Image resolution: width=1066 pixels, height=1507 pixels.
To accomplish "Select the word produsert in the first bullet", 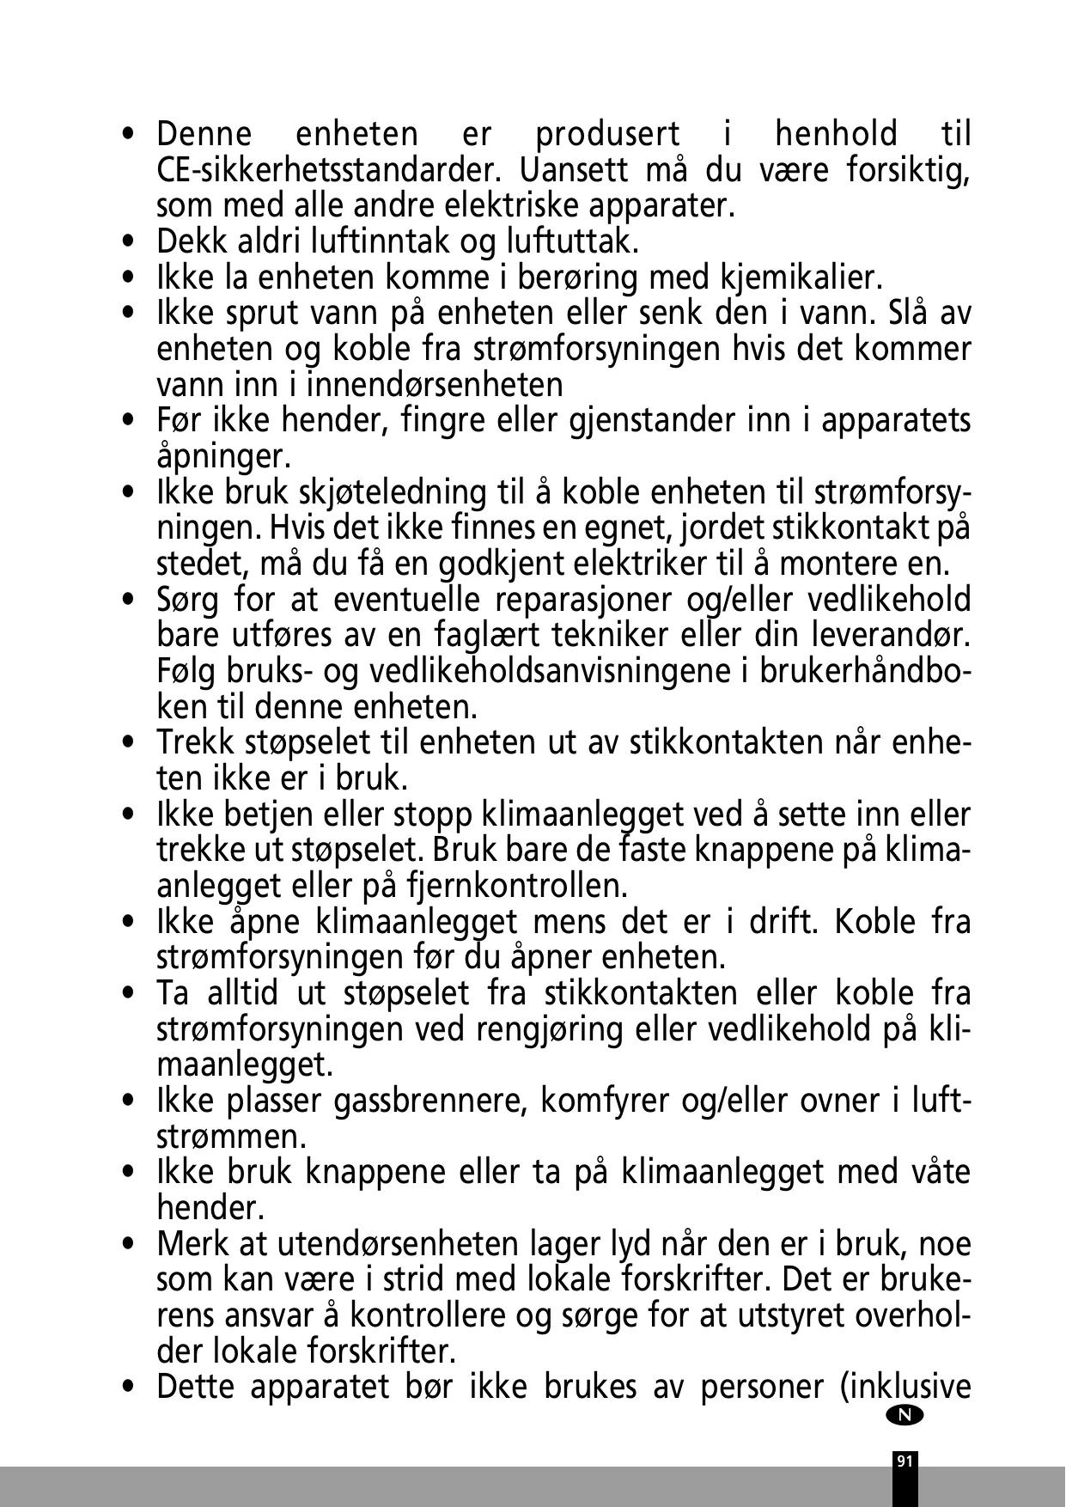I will coord(607,135).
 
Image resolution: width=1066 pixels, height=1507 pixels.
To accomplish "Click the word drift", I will coord(779,922).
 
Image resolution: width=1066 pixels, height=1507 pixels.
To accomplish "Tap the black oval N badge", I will coord(906,1415).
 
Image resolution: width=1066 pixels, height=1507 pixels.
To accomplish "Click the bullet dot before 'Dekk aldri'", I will coord(129,243).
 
